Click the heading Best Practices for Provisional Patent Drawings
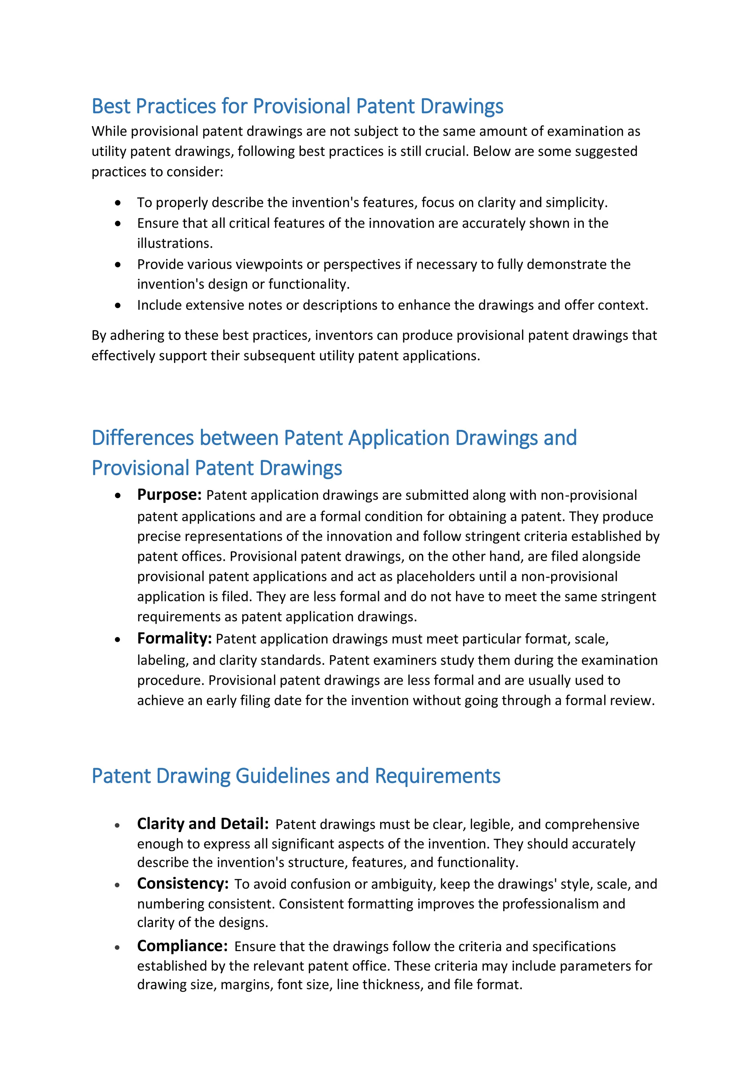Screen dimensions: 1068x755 pos(297,107)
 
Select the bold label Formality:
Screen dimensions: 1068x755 pos(174,638)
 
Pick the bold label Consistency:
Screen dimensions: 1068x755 pos(183,883)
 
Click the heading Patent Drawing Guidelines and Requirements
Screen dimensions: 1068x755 pos(296,776)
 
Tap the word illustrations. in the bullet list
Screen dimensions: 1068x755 pos(174,243)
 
